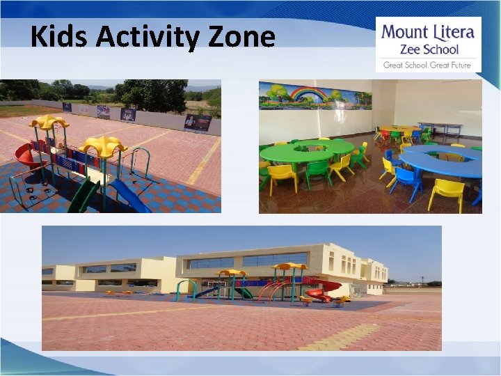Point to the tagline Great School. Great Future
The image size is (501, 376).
coord(427,65)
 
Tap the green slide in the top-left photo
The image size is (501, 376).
coord(83,197)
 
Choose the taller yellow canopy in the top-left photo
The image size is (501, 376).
coord(49,122)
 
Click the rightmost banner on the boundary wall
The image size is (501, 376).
coord(198,123)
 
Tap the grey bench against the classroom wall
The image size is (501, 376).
coord(439,128)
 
